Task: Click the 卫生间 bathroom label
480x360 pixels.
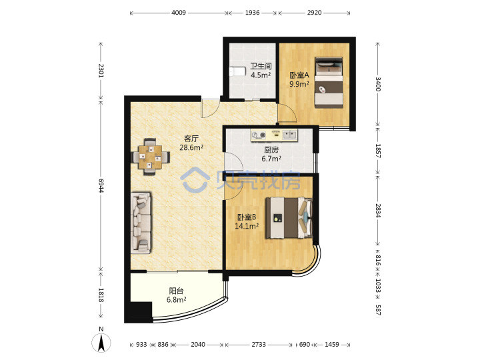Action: point(261,66)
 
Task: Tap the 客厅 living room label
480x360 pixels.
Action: point(191,139)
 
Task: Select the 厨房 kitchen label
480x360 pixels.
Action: point(271,150)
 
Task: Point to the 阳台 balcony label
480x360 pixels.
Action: point(176,291)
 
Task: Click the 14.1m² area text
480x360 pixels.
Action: point(247,226)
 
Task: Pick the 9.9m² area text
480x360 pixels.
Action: point(299,84)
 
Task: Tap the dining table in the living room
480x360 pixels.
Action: point(150,157)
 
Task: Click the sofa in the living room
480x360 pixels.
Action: point(141,223)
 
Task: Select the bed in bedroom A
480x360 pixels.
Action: point(329,83)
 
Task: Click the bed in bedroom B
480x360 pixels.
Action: point(289,217)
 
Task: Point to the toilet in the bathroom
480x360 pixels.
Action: point(237,71)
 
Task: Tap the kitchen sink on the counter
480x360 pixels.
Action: point(289,135)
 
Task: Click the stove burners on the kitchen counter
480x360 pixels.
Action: point(259,135)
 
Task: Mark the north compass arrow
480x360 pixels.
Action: point(101,343)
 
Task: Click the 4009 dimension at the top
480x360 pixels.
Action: point(179,13)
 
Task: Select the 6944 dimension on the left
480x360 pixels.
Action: point(101,185)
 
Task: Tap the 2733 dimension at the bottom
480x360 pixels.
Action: point(259,345)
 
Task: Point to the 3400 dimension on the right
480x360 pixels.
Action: point(378,84)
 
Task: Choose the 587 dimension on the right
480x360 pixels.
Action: point(378,310)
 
